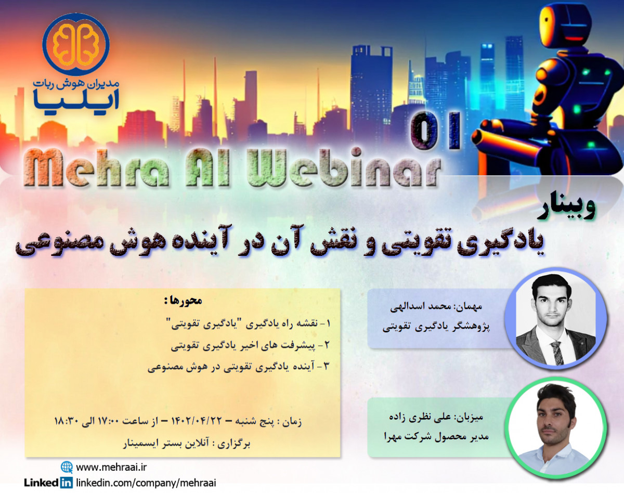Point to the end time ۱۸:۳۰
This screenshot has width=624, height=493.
tap(66, 420)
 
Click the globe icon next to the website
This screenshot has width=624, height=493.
tap(67, 466)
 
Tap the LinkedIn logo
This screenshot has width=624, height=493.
tap(48, 483)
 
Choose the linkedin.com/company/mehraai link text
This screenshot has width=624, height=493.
tap(146, 483)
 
